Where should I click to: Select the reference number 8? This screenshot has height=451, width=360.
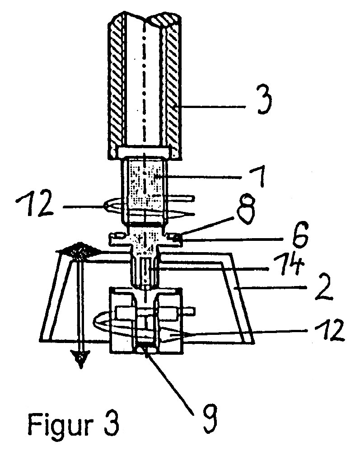click(247, 209)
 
